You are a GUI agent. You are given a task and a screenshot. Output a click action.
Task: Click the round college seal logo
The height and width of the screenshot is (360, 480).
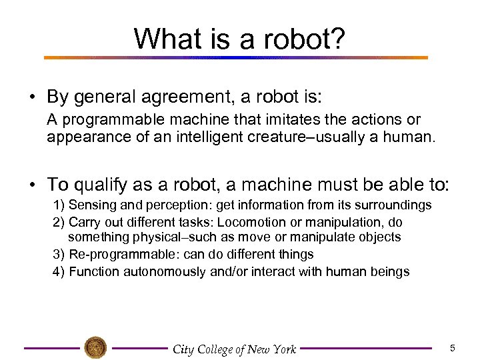(x=95, y=347)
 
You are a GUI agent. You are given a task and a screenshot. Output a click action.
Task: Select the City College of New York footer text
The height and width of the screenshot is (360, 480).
(x=233, y=349)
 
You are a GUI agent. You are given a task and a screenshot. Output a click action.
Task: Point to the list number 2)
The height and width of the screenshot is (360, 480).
(x=58, y=221)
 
